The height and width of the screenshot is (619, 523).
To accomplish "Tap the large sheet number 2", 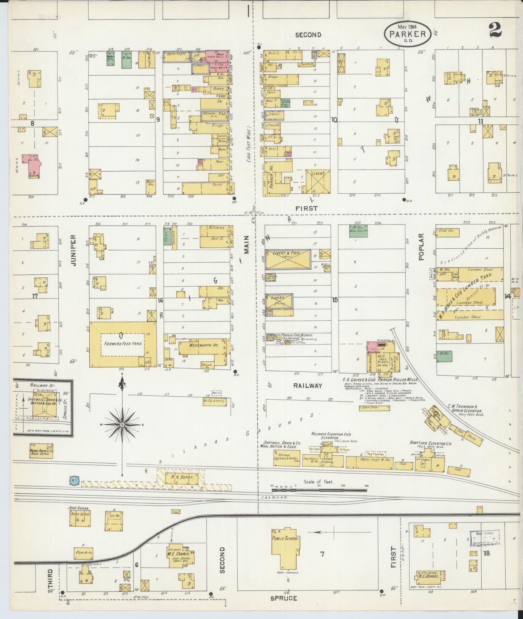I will pos(495,30).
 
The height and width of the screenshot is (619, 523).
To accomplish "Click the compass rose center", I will pos(122,424).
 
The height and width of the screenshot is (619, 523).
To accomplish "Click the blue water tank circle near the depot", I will pos(74,481).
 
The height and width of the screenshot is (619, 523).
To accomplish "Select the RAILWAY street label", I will pos(308,386).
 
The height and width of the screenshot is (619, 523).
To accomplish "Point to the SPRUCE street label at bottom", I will pos(284,598).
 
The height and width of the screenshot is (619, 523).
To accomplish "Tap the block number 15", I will pos(335,299).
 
